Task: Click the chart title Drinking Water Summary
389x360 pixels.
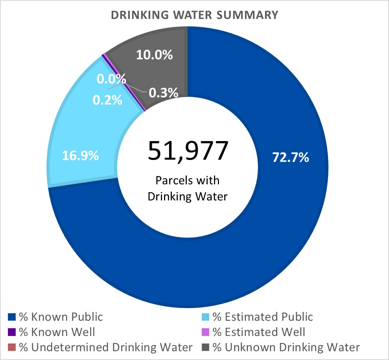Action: tap(194, 15)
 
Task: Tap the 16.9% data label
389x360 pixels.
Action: tap(80, 156)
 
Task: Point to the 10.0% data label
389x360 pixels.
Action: tap(155, 55)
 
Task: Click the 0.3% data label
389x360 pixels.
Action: tap(163, 93)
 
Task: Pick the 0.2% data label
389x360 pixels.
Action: tap(107, 100)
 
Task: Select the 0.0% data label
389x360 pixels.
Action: tap(111, 79)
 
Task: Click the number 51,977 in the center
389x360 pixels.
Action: tap(188, 151)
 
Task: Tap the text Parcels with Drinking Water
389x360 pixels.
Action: tap(188, 188)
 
